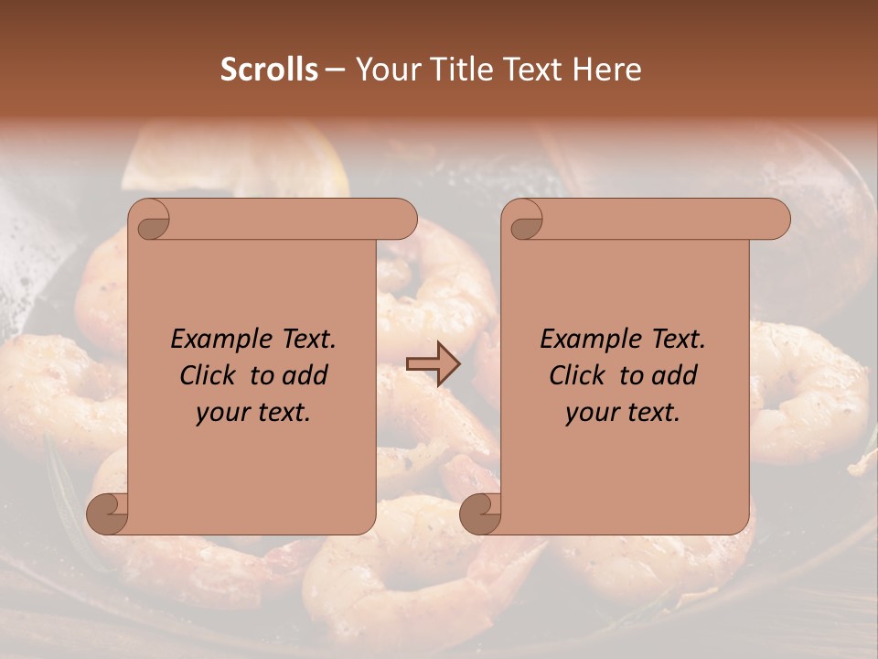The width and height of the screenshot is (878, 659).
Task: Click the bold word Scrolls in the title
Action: click(270, 70)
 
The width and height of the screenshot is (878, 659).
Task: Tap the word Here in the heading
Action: click(606, 70)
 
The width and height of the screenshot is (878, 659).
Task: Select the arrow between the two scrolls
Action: click(433, 364)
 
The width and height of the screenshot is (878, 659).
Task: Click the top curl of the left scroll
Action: click(152, 220)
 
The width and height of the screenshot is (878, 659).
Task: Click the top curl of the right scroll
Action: click(525, 220)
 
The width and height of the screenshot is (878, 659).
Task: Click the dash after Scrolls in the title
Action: click(335, 70)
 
